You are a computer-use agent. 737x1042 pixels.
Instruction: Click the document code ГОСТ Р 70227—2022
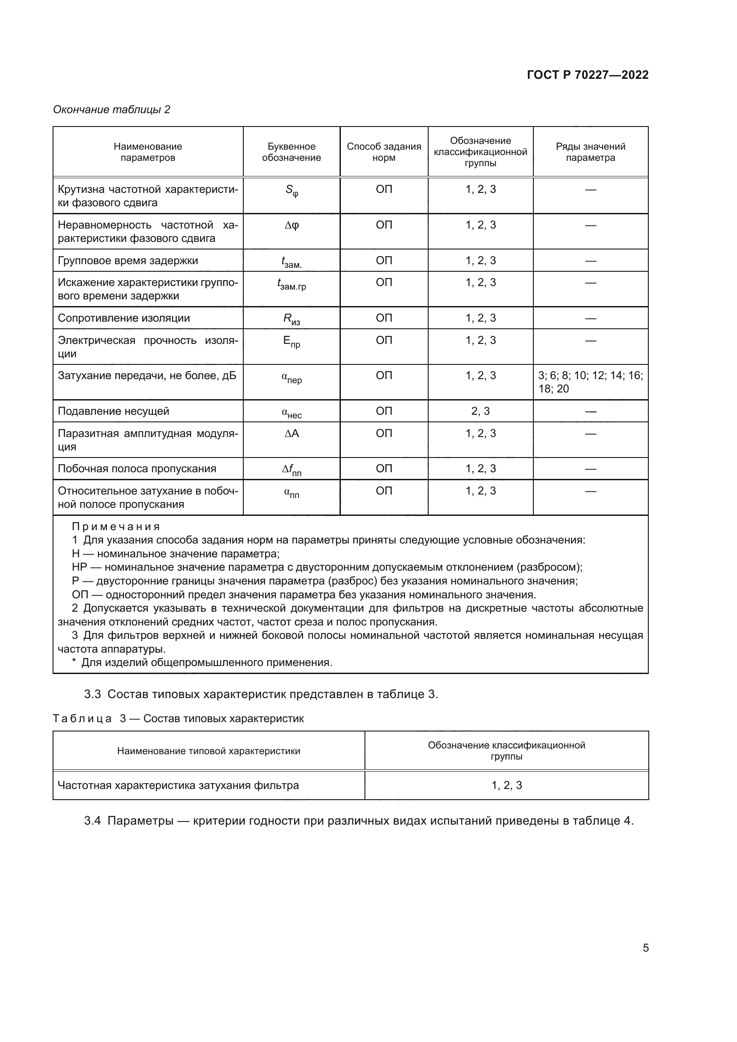(x=587, y=75)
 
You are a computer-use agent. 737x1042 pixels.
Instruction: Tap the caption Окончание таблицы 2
(x=112, y=110)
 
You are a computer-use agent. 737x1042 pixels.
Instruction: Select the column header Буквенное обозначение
(x=291, y=152)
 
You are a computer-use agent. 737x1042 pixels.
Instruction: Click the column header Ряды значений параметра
(x=590, y=152)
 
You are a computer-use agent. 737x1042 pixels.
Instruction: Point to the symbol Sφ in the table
(x=291, y=191)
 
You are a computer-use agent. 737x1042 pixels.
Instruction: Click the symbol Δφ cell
(x=291, y=225)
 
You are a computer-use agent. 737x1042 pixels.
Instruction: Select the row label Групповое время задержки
(x=128, y=261)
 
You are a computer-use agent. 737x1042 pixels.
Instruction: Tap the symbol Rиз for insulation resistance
(x=291, y=319)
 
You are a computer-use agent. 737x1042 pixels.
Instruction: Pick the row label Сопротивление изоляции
(x=124, y=318)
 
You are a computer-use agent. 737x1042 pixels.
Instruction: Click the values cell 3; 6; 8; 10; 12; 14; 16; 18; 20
(x=590, y=382)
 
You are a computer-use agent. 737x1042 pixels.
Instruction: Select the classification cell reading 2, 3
(x=480, y=411)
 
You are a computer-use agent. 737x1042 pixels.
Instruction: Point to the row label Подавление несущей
(x=114, y=411)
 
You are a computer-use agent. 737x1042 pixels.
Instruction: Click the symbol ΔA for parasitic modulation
(x=291, y=433)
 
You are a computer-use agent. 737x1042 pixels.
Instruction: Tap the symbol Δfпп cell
(x=291, y=470)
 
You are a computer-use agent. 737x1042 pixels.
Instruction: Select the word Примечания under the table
(x=116, y=527)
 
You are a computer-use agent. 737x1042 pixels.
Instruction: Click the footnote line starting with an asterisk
(x=202, y=662)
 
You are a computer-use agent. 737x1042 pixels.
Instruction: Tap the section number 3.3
(x=93, y=695)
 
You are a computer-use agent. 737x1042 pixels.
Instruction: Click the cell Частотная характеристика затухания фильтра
(x=178, y=785)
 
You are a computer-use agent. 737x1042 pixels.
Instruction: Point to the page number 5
(x=645, y=948)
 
